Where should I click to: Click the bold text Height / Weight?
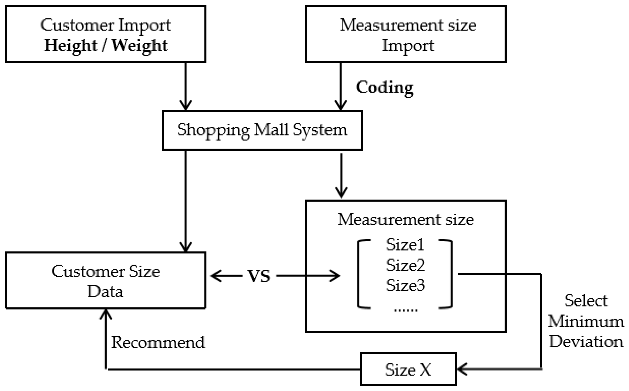click(x=105, y=46)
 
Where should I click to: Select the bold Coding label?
click(x=384, y=87)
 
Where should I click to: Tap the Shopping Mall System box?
click(x=262, y=130)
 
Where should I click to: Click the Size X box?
click(x=408, y=369)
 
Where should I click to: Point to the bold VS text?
click(x=259, y=276)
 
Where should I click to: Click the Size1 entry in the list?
click(x=405, y=245)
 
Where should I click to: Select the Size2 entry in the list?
click(x=405, y=265)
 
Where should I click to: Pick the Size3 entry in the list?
click(x=405, y=285)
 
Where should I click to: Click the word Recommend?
click(x=158, y=342)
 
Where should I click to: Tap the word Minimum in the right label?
click(x=586, y=322)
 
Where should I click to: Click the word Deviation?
click(x=586, y=342)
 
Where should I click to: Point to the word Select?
click(x=586, y=301)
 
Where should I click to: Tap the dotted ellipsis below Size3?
click(x=405, y=310)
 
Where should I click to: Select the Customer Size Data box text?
click(x=105, y=281)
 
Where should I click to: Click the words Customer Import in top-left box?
click(x=105, y=25)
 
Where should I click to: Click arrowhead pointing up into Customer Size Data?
click(x=105, y=314)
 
